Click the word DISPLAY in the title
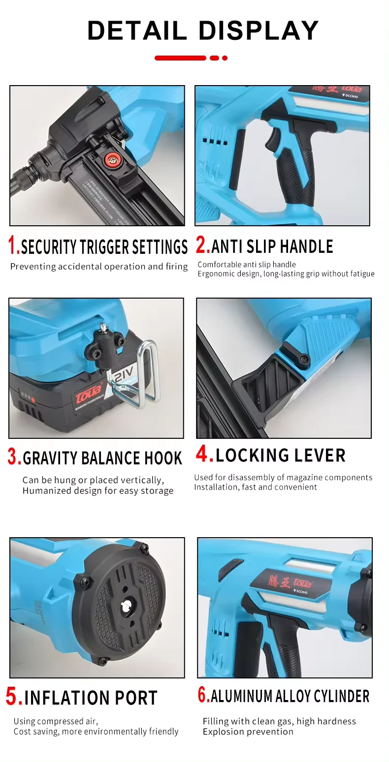[259, 30]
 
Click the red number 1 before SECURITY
[14, 245]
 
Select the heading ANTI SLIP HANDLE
[272, 246]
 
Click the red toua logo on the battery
[87, 392]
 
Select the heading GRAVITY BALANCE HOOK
[102, 458]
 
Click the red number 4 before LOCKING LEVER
[204, 455]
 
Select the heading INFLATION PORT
[91, 698]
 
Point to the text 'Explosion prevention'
[248, 732]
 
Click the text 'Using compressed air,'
[56, 721]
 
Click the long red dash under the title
[180, 58]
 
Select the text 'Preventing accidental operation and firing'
[99, 267]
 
